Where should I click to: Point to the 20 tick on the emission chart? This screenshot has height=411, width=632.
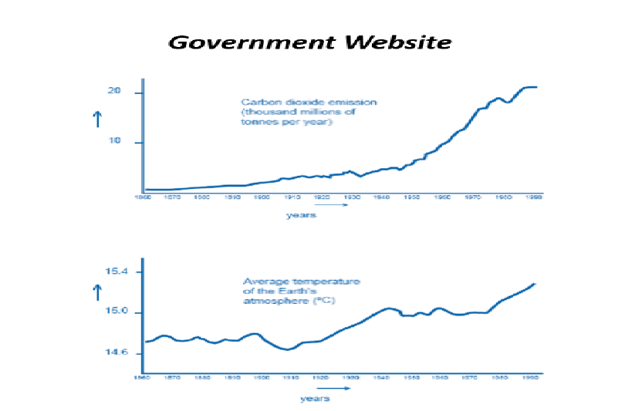point(115,93)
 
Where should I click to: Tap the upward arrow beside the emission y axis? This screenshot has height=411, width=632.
point(97,119)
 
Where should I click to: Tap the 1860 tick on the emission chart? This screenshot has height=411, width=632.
point(144,198)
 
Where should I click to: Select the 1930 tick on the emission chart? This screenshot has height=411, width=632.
point(353,198)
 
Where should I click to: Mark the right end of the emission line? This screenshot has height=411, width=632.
point(536,87)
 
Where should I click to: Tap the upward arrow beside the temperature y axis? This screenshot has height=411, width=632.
point(97,292)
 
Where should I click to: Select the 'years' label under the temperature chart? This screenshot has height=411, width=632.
point(314,399)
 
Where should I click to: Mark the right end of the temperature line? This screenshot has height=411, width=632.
point(536,284)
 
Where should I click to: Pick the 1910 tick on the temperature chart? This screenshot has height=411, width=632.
point(291,379)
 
